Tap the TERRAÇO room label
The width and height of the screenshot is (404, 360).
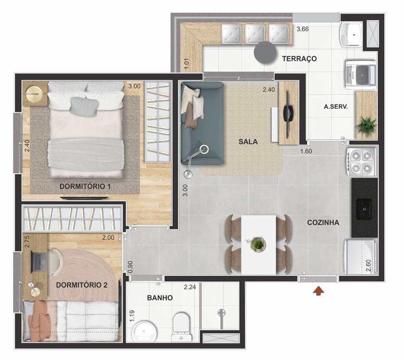click(299, 58)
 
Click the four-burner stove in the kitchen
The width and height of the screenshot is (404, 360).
click(362, 162)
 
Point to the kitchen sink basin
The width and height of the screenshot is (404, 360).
click(364, 208)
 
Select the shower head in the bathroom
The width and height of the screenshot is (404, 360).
click(221, 313)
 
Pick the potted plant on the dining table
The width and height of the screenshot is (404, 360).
click(258, 244)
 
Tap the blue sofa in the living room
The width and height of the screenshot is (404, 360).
click(201, 122)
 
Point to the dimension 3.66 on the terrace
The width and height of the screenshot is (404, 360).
click(302, 29)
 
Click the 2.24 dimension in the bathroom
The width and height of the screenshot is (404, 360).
click(190, 287)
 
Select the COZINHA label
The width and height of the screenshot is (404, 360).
click(323, 223)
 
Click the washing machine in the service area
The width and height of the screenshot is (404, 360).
click(361, 73)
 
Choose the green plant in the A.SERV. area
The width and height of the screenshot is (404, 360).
click(366, 125)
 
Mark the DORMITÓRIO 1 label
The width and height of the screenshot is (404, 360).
click(85, 186)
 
